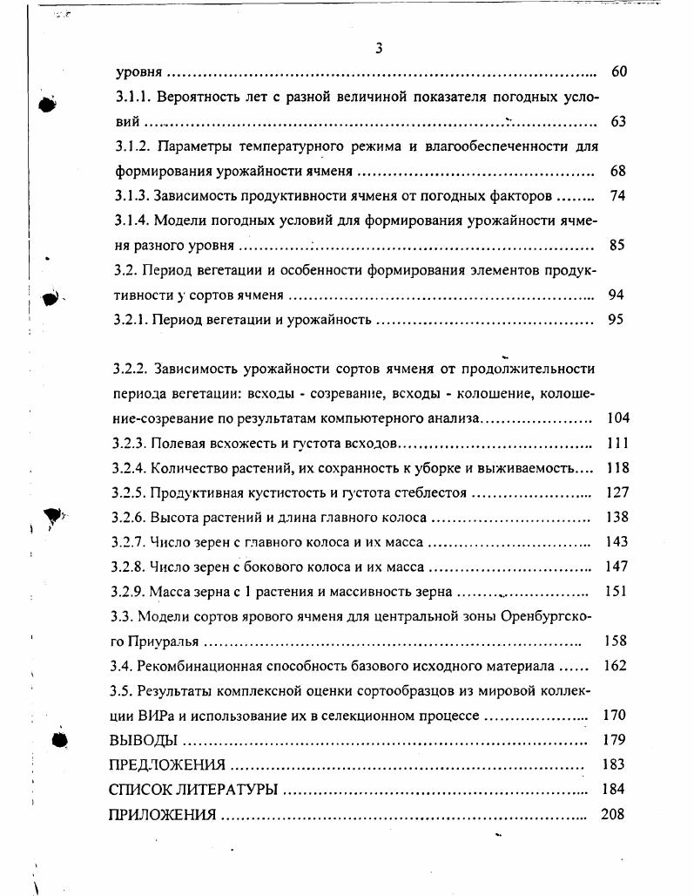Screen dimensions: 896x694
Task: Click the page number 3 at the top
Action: (379, 47)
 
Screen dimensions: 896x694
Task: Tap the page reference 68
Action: (617, 171)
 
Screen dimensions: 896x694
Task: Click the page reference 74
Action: (617, 196)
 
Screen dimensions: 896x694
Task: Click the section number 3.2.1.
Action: (131, 319)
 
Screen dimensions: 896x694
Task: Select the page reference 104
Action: (617, 418)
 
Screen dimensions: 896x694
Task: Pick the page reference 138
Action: (616, 517)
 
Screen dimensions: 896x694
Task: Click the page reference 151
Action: (616, 592)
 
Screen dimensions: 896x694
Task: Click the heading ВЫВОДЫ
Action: (143, 741)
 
